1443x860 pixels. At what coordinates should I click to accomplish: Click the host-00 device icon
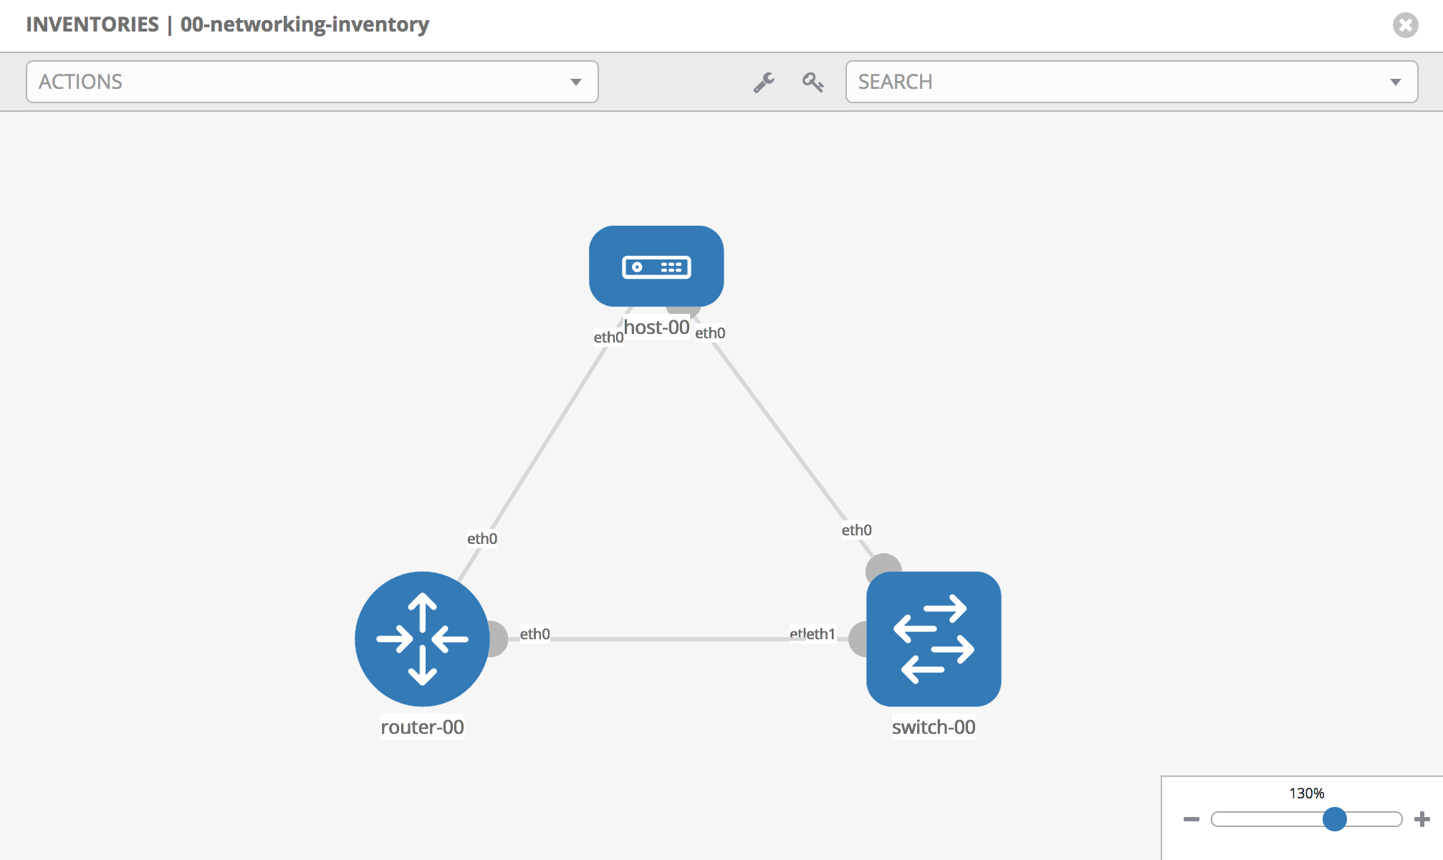[x=656, y=266]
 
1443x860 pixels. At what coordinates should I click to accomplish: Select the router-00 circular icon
[x=422, y=639]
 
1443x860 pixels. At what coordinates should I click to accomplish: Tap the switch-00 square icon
[x=933, y=639]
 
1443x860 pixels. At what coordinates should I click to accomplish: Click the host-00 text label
[x=656, y=328]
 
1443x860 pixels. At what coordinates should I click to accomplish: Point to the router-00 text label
[x=422, y=727]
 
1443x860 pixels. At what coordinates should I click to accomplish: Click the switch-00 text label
[x=933, y=727]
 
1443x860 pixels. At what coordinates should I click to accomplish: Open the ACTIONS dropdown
[x=312, y=82]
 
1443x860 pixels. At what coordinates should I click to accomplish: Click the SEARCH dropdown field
[x=1131, y=82]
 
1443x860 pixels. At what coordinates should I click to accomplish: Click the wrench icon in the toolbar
[x=764, y=82]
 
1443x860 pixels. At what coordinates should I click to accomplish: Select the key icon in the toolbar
[x=812, y=82]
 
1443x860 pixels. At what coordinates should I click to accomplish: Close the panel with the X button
[x=1405, y=25]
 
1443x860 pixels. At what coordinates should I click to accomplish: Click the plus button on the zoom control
[x=1422, y=818]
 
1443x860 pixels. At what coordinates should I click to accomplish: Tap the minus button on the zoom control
[x=1191, y=818]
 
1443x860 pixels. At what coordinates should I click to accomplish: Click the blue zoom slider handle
[x=1334, y=818]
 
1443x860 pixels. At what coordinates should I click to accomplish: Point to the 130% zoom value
[x=1306, y=793]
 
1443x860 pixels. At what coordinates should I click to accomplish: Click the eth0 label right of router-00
[x=534, y=634]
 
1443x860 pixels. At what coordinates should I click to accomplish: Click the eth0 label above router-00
[x=482, y=538]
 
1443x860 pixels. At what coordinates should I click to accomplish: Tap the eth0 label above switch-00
[x=856, y=530]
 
